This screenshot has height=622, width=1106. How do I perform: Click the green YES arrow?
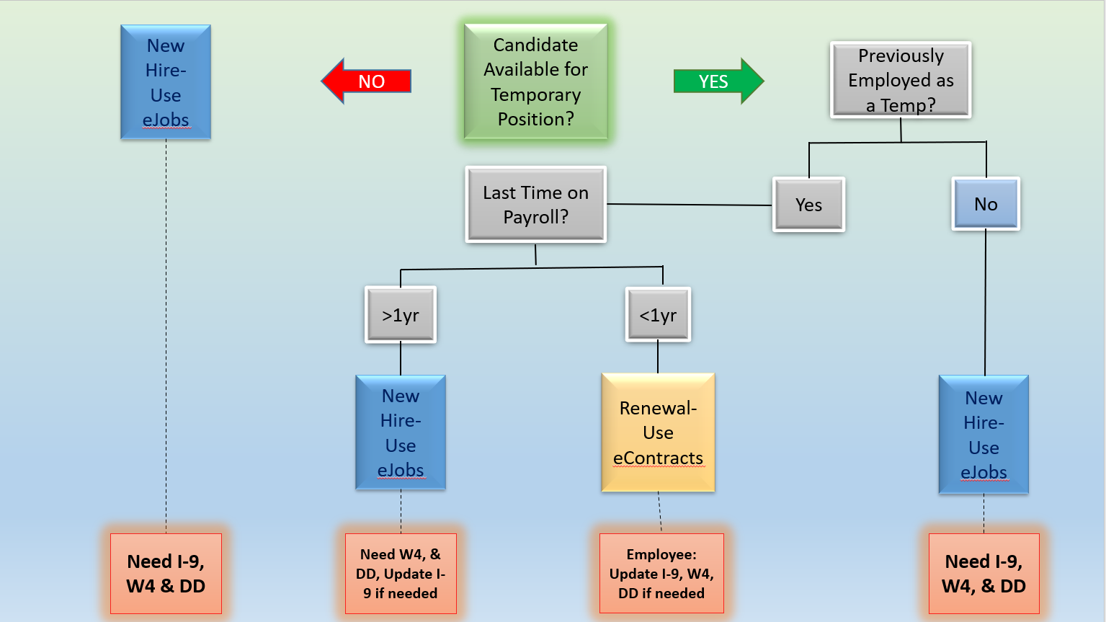tap(718, 81)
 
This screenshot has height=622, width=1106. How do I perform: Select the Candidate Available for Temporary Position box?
tap(535, 81)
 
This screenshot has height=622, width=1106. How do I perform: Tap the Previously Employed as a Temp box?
tap(901, 80)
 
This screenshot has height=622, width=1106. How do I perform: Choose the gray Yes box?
tap(808, 205)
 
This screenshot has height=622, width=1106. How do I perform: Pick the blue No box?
tap(986, 204)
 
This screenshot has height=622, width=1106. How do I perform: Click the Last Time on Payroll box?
tap(535, 205)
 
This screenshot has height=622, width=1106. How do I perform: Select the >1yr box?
tap(401, 315)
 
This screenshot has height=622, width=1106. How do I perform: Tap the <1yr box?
tap(658, 315)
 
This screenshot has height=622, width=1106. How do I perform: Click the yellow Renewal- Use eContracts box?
tap(658, 432)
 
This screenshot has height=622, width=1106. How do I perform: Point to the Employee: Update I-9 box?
tap(661, 574)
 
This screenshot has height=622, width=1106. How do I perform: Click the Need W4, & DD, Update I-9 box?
tap(401, 574)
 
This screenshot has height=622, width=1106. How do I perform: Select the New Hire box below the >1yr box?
tap(401, 432)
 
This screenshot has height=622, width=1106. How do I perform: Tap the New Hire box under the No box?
tap(984, 435)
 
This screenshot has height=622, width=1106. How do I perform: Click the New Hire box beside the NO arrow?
tap(166, 82)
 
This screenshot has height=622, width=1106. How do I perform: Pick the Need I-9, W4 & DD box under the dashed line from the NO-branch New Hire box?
tap(166, 574)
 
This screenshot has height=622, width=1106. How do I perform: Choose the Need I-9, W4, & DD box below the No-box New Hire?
tap(984, 574)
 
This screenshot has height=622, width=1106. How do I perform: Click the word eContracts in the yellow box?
tap(658, 458)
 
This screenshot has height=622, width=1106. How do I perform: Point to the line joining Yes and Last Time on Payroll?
tap(690, 205)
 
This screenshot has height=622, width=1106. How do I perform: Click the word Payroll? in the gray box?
tap(535, 217)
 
